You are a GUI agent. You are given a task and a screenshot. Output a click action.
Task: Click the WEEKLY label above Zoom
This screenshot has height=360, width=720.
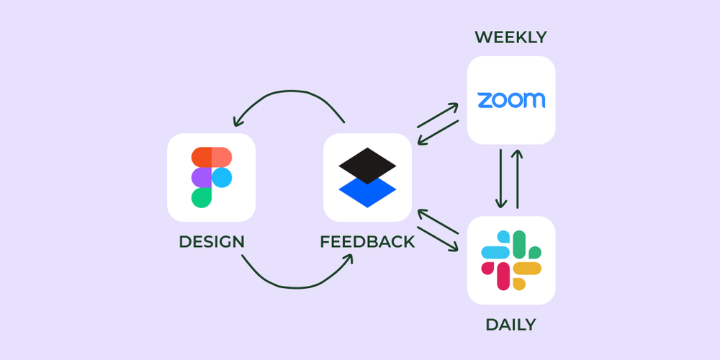coord(510,37)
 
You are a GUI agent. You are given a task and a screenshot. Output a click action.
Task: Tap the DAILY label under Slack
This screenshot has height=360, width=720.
coord(510,324)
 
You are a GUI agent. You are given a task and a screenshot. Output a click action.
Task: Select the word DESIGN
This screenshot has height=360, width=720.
coord(211,242)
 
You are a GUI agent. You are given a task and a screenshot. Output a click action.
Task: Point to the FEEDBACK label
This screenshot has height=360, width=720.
coord(367,242)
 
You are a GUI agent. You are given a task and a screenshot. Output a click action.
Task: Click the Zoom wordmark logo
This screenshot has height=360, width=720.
coord(511,100)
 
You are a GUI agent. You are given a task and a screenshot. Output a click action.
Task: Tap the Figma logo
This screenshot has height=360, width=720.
coord(211,177)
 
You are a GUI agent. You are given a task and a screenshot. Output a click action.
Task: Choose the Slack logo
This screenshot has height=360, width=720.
coord(511,260)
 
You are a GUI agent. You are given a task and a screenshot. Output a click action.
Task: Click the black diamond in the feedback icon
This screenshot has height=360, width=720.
coord(367,166)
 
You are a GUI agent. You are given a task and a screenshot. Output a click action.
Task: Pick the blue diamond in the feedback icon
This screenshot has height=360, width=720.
coord(367,192)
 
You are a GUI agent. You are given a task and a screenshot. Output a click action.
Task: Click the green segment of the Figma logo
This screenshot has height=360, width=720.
coord(202,197)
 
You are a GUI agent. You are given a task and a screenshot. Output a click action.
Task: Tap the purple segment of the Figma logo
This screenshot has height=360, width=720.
coord(202,177)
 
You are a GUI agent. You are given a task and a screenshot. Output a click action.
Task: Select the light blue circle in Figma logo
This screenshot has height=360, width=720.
coord(222,177)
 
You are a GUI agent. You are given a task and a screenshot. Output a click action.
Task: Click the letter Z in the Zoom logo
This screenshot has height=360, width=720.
coord(486,100)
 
